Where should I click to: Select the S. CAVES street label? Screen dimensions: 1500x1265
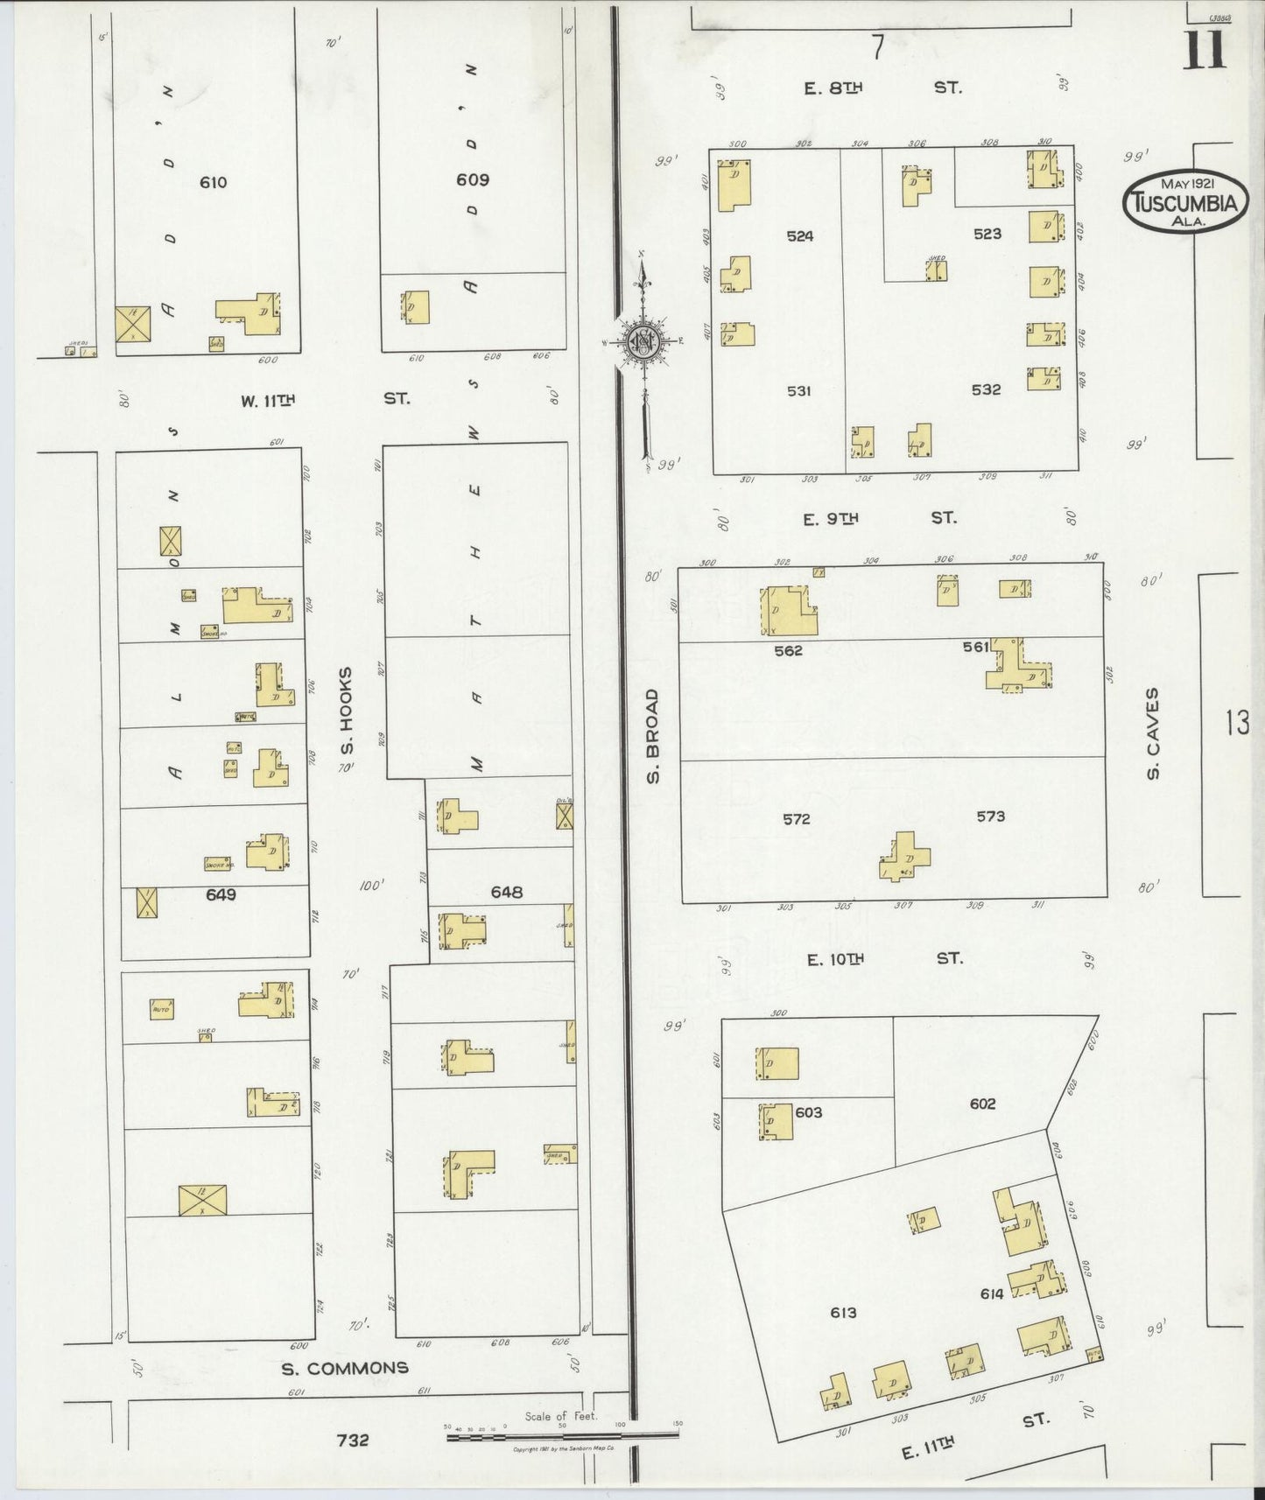(1153, 733)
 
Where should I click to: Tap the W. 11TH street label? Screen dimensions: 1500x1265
(268, 400)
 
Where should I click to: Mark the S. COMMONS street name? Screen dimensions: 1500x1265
(344, 1368)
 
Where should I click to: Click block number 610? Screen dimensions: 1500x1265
(213, 182)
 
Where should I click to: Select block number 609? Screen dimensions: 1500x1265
(472, 179)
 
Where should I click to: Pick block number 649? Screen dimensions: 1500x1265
(221, 894)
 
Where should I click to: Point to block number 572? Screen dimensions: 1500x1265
(796, 819)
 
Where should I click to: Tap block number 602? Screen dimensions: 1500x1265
(982, 1104)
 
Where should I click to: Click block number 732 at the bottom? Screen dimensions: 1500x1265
(352, 1440)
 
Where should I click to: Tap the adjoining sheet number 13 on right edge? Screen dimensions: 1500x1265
(1237, 723)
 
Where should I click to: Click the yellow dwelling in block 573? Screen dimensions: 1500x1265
(905, 855)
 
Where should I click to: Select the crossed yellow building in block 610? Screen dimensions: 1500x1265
(132, 324)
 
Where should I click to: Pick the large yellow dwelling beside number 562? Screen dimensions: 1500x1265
(791, 611)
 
